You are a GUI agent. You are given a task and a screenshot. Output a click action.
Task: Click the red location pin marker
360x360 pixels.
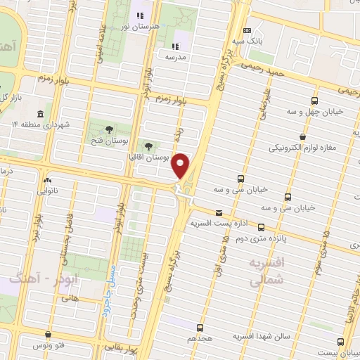(181, 166)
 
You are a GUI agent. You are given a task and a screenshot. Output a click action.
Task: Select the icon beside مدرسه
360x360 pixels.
(174, 47)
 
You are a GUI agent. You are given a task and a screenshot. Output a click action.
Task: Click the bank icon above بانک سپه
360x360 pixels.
(247, 30)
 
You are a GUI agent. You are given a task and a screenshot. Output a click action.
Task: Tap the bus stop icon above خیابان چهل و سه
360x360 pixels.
(314, 101)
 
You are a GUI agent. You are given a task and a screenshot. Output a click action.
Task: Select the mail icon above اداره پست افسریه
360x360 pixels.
(219, 212)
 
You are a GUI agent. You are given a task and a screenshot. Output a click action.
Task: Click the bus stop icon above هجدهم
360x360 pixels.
(200, 328)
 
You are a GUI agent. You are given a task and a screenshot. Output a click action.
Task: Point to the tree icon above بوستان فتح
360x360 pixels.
(108, 129)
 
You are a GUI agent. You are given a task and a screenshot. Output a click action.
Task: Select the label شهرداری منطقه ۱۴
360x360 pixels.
(41, 125)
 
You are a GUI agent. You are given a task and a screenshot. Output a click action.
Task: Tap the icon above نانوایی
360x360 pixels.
(47, 179)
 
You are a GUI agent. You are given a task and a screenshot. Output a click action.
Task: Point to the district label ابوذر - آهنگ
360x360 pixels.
(35, 279)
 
